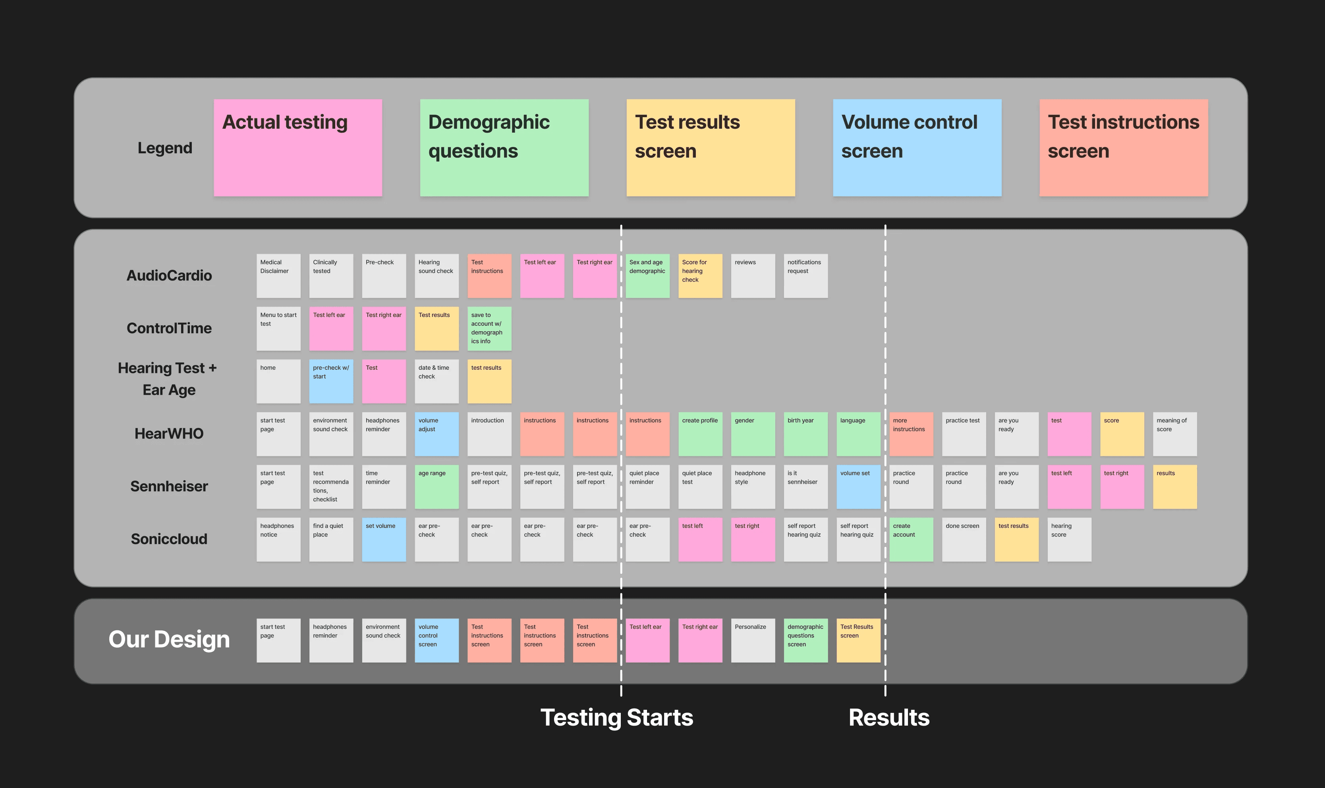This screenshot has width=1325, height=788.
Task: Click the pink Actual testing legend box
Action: click(x=298, y=148)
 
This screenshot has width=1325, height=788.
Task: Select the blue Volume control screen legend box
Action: click(x=917, y=148)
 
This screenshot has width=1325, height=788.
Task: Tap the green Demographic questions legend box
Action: click(x=504, y=148)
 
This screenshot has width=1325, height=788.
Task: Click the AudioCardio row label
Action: click(x=169, y=276)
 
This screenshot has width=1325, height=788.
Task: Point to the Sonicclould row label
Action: click(x=169, y=539)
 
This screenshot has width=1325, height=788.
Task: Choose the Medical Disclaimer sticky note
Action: click(x=278, y=276)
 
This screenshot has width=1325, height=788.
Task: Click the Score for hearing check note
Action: click(x=700, y=276)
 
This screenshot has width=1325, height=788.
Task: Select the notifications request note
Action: click(x=805, y=276)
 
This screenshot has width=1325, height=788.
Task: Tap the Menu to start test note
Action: click(x=278, y=328)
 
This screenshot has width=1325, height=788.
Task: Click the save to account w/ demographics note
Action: click(x=489, y=328)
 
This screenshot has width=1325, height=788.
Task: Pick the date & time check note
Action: click(x=437, y=381)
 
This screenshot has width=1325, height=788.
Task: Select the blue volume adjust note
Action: click(x=437, y=434)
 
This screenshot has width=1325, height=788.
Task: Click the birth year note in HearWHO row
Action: click(x=805, y=434)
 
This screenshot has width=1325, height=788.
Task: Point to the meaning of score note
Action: click(x=1174, y=434)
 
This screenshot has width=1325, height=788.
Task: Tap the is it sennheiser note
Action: click(x=805, y=487)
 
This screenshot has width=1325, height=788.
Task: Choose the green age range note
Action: click(x=437, y=487)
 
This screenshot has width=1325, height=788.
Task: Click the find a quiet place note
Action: click(x=331, y=539)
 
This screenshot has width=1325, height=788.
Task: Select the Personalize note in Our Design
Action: click(x=753, y=640)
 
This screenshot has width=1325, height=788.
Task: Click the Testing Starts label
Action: click(x=617, y=717)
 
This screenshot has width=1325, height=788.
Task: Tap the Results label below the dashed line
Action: click(x=888, y=717)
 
